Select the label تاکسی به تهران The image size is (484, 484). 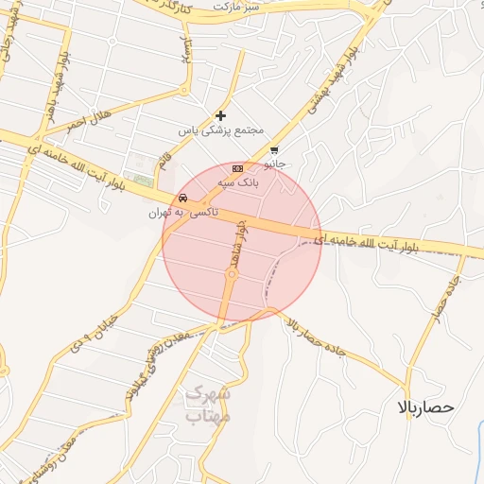pos(182,213)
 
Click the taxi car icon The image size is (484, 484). pos(182,199)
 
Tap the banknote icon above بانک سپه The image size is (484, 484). pos(236,167)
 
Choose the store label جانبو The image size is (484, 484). pos(273,163)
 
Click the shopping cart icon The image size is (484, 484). pos(273,149)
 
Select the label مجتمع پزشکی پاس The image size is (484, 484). pos(223,130)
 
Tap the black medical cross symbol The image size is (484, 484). pos(221,115)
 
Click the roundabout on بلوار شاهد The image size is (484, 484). pos(231,274)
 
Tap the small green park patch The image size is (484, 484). pos(143,181)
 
